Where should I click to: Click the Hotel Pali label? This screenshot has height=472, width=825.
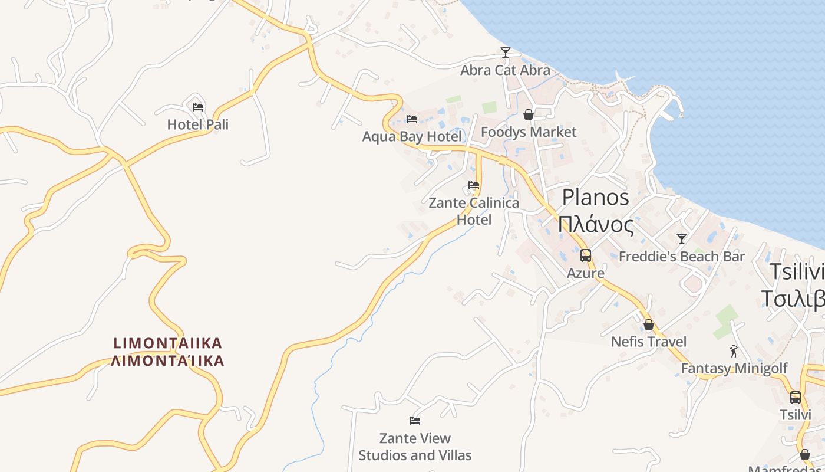point(197,124)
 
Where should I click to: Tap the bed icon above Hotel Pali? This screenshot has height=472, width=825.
point(198,107)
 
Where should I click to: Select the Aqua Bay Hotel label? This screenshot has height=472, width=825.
point(412,137)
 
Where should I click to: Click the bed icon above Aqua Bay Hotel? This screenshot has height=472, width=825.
point(412,119)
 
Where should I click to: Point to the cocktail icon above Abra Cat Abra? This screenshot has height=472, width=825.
point(505,53)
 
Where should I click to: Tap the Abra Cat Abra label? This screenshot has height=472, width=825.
point(505,70)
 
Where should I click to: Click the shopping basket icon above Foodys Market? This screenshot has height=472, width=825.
point(529,114)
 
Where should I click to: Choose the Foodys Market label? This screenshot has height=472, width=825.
point(529,132)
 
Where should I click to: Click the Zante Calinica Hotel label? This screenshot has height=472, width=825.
point(474,211)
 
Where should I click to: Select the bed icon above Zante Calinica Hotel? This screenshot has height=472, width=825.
point(474,185)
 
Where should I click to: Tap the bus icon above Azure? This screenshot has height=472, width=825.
point(586,255)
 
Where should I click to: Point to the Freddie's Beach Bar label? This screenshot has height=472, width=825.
point(682,257)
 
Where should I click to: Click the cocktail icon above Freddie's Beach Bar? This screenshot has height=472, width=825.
point(682,239)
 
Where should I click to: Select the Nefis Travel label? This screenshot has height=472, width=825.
point(649,342)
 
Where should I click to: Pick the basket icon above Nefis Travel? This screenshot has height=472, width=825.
point(649,324)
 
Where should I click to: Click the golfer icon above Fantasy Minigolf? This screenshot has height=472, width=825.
point(734,351)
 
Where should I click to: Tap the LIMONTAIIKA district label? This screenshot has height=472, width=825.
point(168,352)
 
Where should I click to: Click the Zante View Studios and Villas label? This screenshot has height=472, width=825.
point(415,447)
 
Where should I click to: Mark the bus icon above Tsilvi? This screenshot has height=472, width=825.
point(796,398)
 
